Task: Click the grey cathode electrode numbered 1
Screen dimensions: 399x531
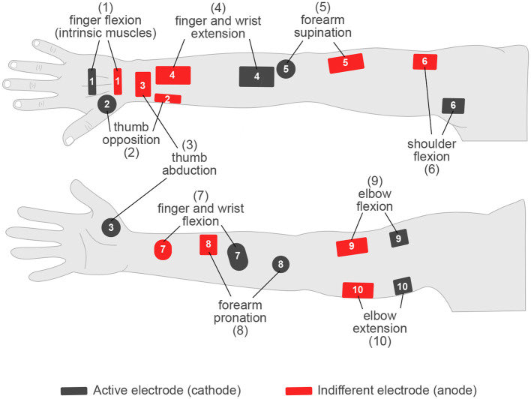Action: (91, 81)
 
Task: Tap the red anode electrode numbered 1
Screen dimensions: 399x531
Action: (118, 80)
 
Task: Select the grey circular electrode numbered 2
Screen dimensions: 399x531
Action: (107, 104)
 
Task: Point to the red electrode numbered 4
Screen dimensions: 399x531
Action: (172, 75)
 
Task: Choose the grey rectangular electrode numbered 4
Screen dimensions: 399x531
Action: (256, 76)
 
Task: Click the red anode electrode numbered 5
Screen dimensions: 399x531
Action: (346, 64)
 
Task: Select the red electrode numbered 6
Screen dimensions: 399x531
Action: (425, 61)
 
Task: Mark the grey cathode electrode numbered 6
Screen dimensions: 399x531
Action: (452, 106)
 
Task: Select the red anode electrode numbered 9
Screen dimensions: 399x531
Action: (352, 246)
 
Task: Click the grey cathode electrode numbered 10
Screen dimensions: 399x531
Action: (403, 286)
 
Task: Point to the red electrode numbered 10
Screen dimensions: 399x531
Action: (358, 290)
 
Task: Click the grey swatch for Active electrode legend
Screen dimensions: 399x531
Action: (75, 390)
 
